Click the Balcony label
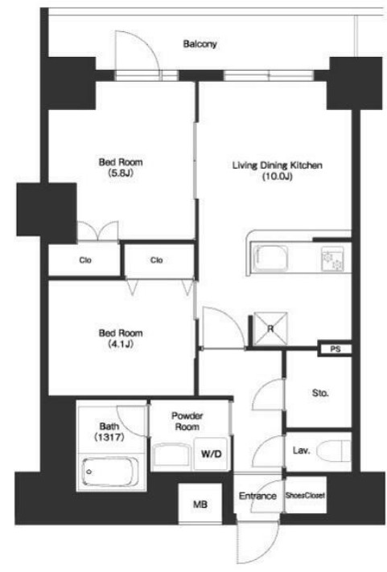(x=200, y=44)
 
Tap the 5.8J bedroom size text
(x=121, y=173)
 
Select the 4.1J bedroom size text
(x=121, y=344)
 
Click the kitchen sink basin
(x=270, y=258)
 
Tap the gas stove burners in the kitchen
(x=332, y=259)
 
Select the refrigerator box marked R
(x=271, y=329)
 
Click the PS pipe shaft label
(x=336, y=349)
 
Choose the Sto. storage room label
(x=320, y=393)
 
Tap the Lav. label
(x=301, y=451)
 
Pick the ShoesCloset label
(x=305, y=495)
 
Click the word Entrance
(x=257, y=496)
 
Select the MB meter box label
(x=200, y=505)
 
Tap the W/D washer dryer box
(x=212, y=453)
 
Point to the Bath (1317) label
(x=109, y=431)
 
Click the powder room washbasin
(x=171, y=454)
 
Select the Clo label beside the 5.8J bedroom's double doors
(x=85, y=260)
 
